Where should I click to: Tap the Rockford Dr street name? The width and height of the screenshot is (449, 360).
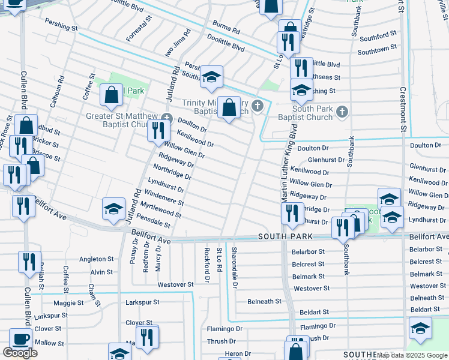click(207, 265)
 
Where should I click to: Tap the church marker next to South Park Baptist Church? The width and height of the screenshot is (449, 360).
click(342, 111)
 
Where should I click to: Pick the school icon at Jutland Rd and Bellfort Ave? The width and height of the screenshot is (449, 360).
click(113, 208)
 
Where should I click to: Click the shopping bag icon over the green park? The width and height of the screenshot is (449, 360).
click(111, 94)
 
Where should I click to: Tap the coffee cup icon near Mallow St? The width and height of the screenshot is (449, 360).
click(20, 339)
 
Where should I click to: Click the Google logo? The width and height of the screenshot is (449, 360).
click(20, 353)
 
